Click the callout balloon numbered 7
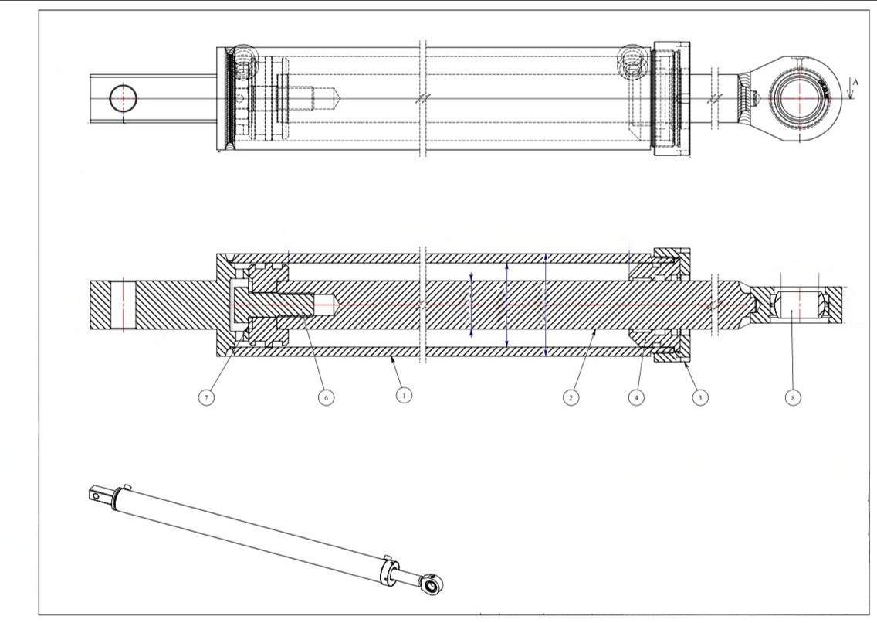coord(206,397)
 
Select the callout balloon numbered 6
coord(326,397)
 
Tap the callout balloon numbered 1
coord(404,395)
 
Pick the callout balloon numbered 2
coord(571,397)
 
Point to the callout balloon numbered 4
coord(636,397)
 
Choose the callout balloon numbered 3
coord(699,397)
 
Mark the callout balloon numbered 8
coord(793,397)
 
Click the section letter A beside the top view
coord(855,82)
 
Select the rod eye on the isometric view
coord(432,585)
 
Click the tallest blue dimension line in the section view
coord(545,305)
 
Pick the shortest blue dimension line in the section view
coord(472,305)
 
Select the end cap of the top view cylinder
coord(672,98)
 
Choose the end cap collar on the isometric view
coord(389,573)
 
